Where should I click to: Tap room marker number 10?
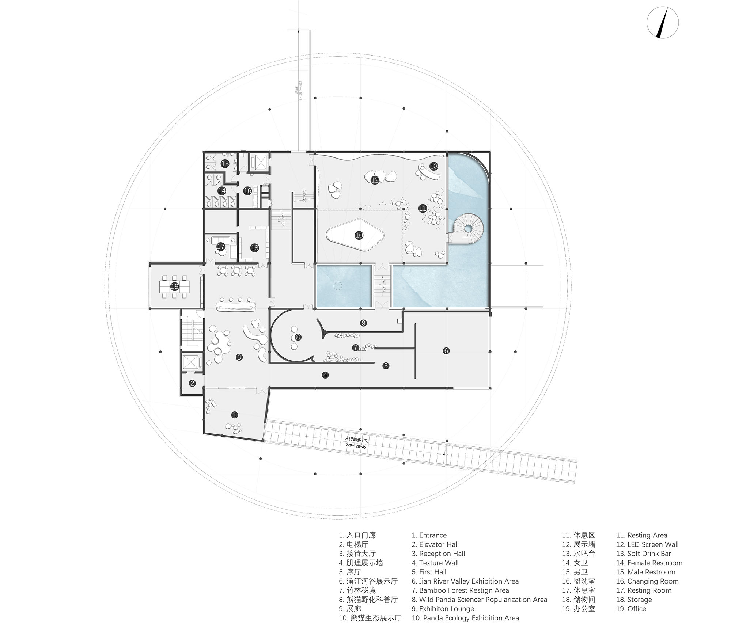point(359,235)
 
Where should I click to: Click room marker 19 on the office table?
point(175,286)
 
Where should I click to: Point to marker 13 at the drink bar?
point(433,166)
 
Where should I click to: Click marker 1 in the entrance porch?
point(235,415)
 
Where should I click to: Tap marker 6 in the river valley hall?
point(446,351)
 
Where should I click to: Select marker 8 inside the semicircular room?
point(298,337)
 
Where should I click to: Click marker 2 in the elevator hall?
point(192,383)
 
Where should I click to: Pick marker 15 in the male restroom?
point(225,164)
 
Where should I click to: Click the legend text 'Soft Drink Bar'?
point(649,554)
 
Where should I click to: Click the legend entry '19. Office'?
point(631,609)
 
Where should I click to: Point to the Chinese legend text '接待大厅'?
point(361,554)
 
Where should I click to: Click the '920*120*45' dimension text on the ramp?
point(355,446)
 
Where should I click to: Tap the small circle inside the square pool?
point(337,286)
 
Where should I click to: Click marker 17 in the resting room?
point(220,247)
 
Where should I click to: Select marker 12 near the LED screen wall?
point(375,180)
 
